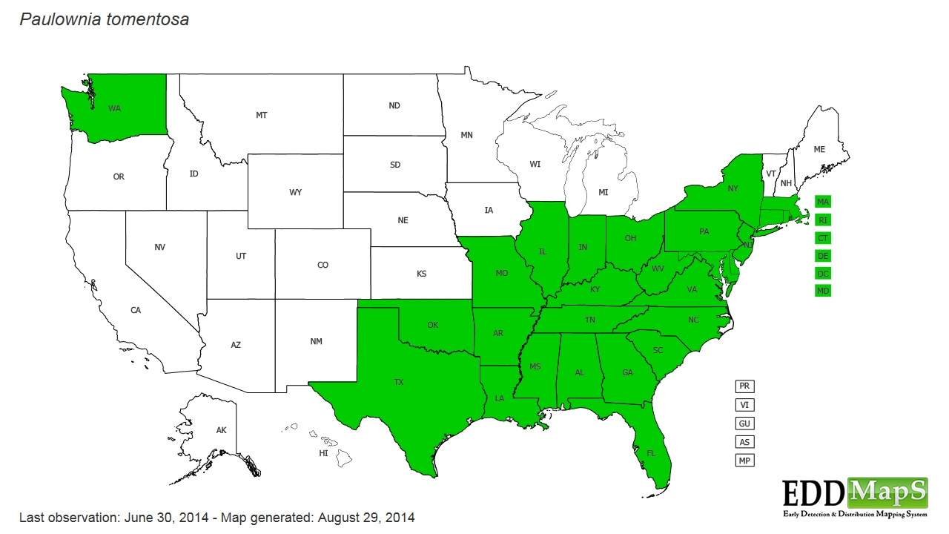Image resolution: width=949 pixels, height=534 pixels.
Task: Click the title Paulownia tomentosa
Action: pos(104,20)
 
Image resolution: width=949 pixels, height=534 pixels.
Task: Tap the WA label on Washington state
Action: pos(114,108)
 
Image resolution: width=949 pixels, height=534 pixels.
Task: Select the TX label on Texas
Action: pos(399,383)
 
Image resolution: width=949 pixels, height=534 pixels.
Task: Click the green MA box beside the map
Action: pos(823,202)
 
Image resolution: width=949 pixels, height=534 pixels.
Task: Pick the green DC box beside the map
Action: pos(823,273)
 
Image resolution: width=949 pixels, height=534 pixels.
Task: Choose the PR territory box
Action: pos(744,386)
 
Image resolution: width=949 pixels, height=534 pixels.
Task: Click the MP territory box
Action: pos(744,461)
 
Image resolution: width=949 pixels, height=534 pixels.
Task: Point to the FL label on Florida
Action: pos(651,452)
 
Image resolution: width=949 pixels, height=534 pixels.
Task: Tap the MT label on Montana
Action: pos(262,116)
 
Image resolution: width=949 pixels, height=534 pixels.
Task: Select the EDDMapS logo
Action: pos(855,496)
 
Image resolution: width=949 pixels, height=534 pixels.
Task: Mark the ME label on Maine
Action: pos(819,150)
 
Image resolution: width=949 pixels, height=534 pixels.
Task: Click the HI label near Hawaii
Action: pos(323,453)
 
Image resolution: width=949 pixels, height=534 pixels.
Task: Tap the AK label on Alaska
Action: pos(221,430)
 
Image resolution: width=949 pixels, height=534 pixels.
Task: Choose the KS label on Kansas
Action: pos(421,274)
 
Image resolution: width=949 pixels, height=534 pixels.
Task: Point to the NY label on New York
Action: pos(733,189)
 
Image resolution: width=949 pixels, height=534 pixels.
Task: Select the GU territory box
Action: pos(744,423)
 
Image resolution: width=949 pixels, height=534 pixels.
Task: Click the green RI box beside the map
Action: pos(823,220)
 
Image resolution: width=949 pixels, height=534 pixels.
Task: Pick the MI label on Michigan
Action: pos(603,193)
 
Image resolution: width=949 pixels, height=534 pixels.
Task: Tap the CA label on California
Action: pos(136,310)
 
